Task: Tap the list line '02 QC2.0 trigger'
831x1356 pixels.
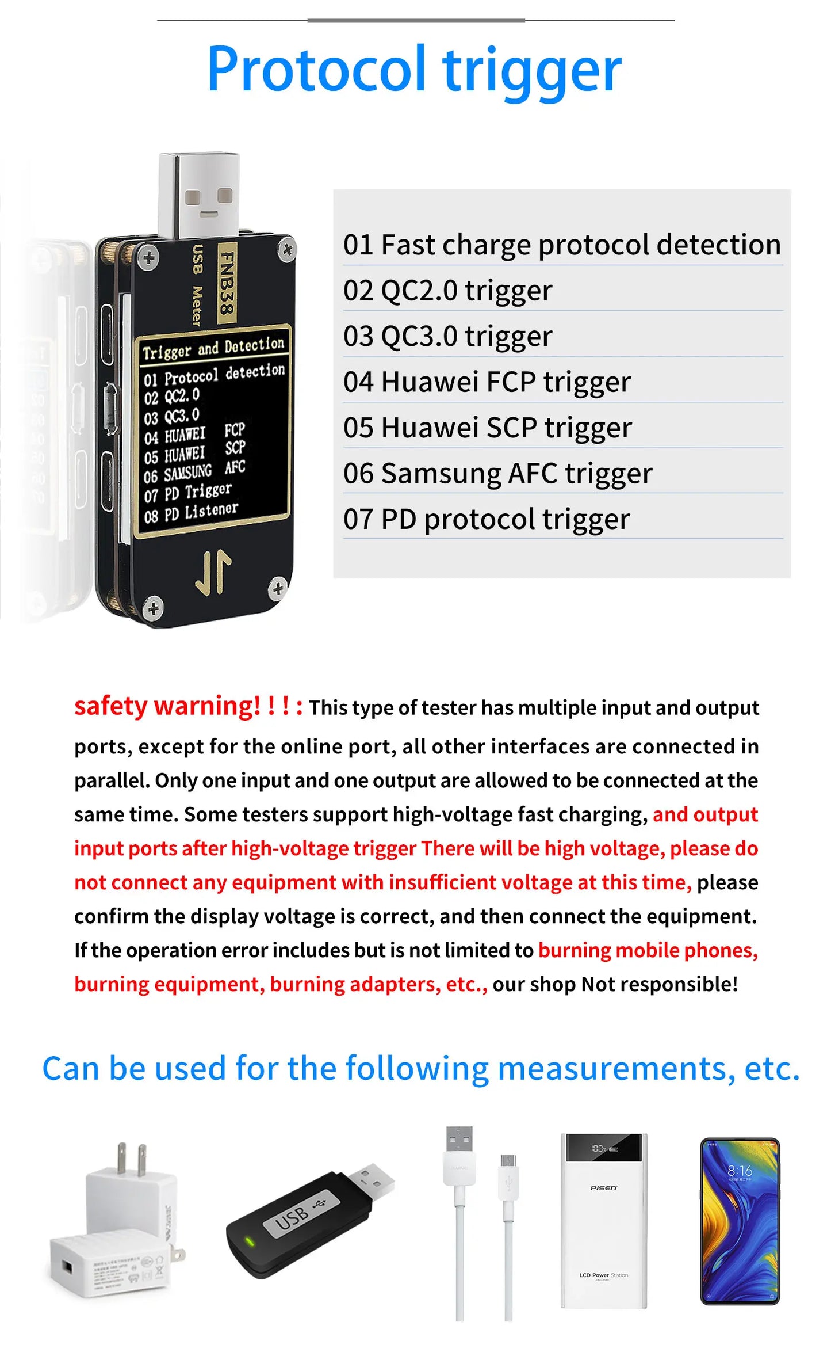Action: tap(447, 291)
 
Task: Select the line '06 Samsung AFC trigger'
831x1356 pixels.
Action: tap(497, 474)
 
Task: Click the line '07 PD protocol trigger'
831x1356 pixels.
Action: tap(487, 519)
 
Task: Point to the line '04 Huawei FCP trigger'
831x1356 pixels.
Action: tap(487, 382)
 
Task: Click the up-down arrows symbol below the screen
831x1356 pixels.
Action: tap(213, 573)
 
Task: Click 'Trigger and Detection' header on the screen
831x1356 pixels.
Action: tap(213, 348)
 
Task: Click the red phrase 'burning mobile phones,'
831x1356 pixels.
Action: tap(648, 950)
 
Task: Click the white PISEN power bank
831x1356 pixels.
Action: tap(603, 1220)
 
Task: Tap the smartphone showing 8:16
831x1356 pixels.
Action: tap(740, 1220)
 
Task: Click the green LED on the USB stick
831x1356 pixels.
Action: tap(250, 1241)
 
